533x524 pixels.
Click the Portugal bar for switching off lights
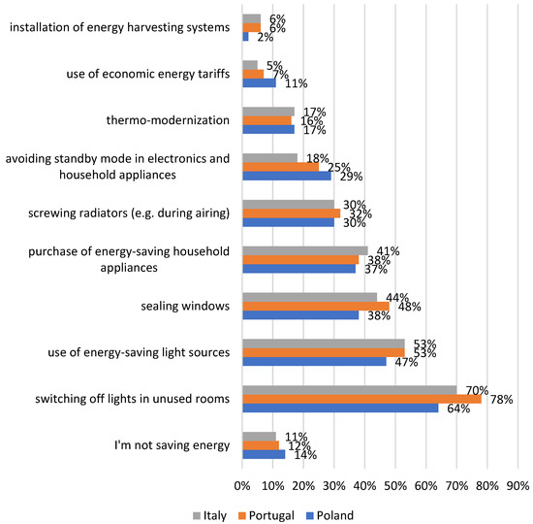tap(361, 399)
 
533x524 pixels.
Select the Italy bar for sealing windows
tap(308, 297)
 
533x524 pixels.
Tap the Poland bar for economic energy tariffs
tap(258, 83)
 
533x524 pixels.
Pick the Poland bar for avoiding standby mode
tap(286, 176)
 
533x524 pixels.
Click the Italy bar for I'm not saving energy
tap(258, 436)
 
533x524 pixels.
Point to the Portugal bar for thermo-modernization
tap(266, 120)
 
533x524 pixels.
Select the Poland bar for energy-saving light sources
tap(313, 361)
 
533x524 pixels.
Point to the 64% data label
tap(458, 409)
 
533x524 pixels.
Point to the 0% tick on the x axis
tap(241, 484)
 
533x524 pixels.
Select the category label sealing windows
tap(183, 306)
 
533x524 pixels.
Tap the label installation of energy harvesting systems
tap(119, 27)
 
